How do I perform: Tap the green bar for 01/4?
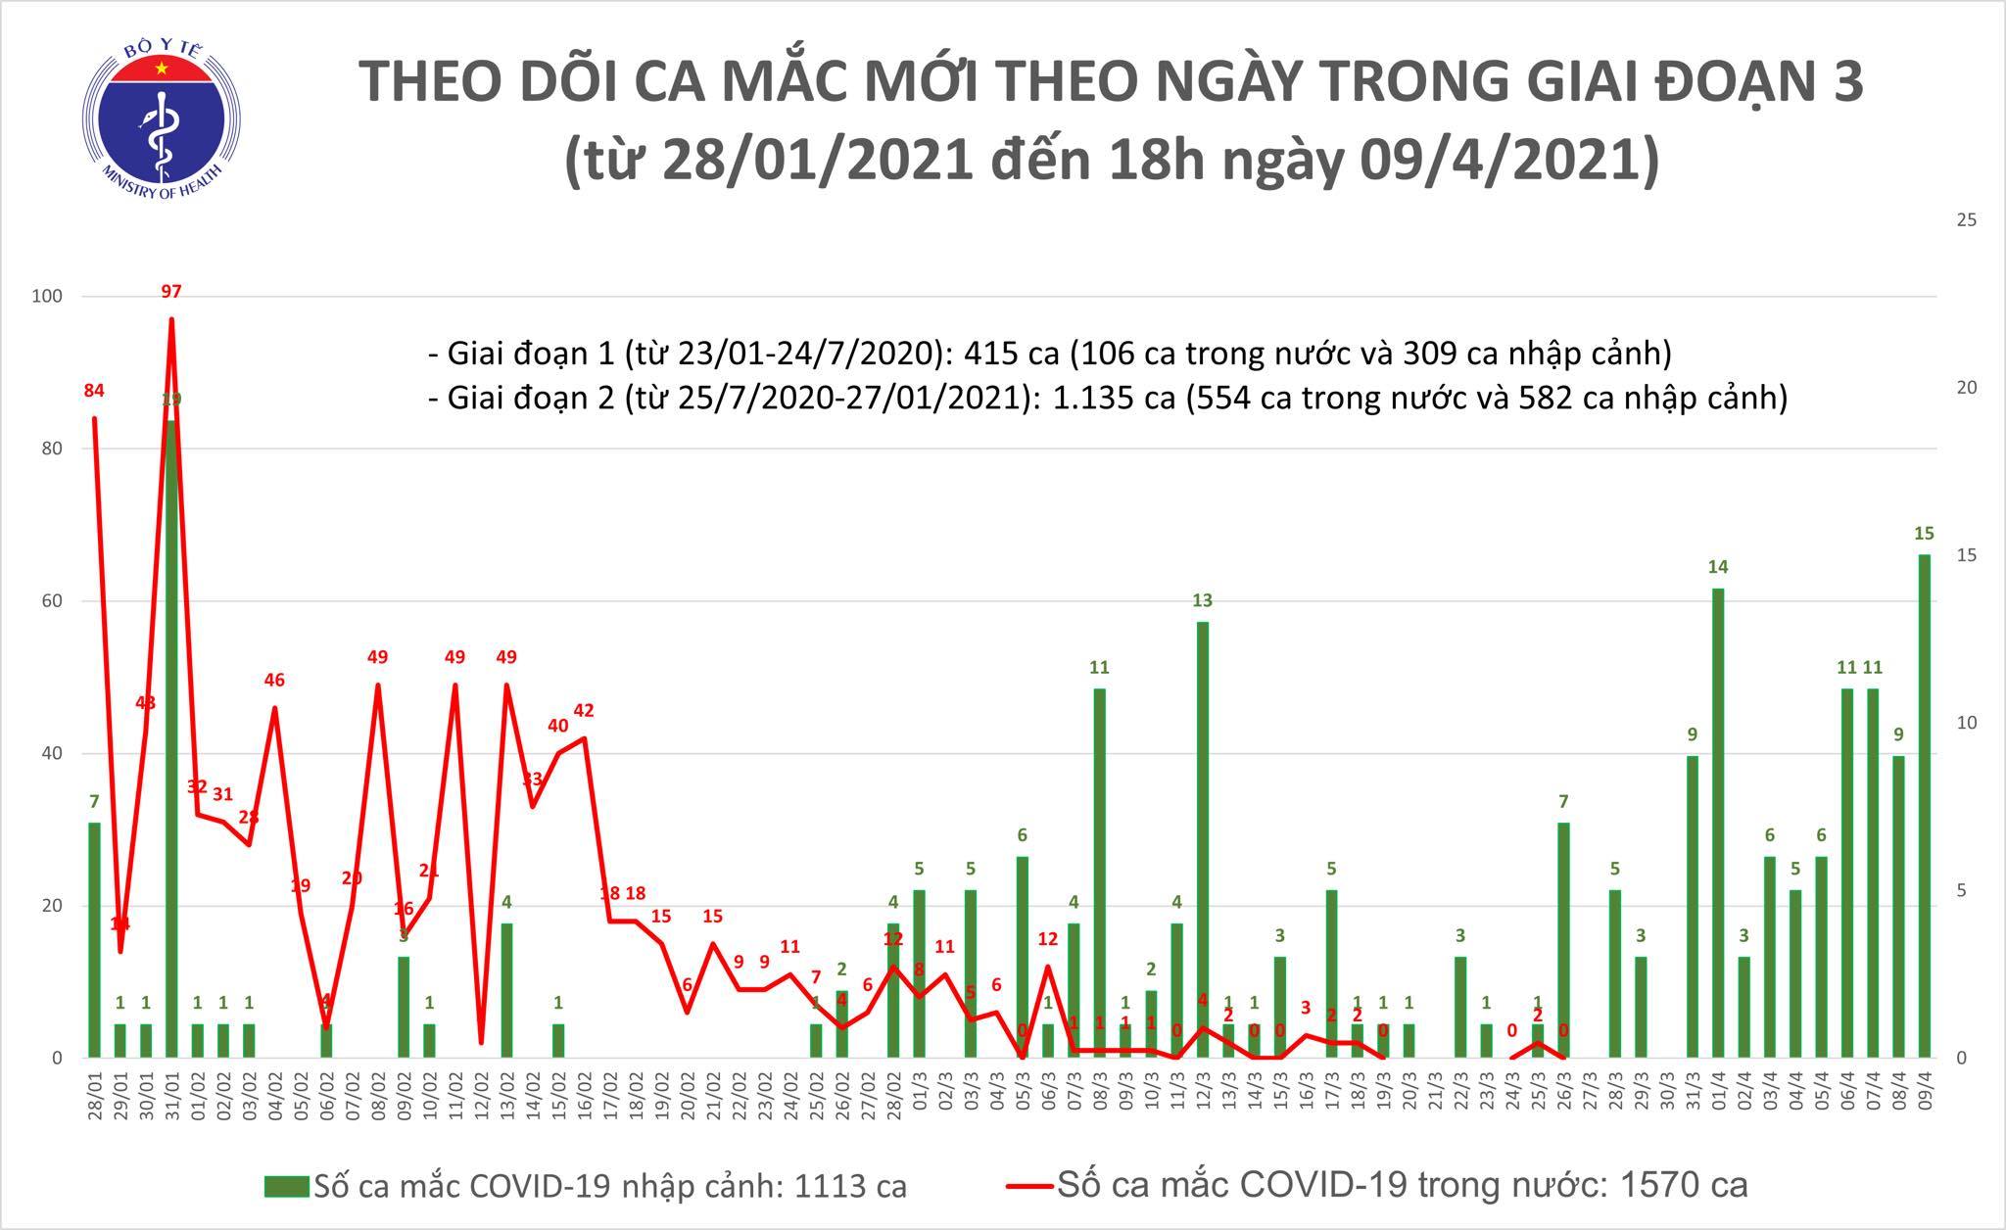[1718, 823]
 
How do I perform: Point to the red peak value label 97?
[171, 291]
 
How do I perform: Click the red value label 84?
[94, 391]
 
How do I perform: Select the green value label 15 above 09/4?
[1924, 534]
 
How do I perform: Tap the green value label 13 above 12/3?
[1203, 600]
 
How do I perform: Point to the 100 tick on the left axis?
[47, 297]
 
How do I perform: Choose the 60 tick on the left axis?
[50, 601]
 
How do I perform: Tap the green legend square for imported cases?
[287, 1187]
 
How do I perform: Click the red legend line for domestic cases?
[1028, 1187]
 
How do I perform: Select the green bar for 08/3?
[1100, 873]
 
